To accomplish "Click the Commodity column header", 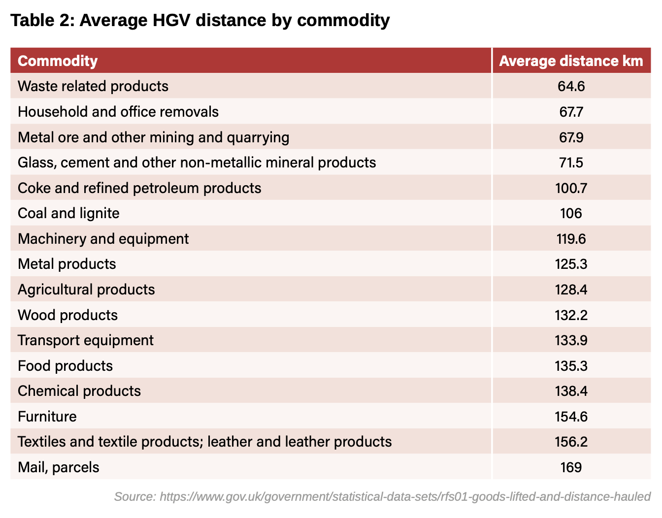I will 58,61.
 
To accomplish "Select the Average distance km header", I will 571,61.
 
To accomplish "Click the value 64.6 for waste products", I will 571,87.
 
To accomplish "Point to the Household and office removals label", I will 118,112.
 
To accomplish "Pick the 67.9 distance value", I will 571,137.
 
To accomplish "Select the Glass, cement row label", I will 197,162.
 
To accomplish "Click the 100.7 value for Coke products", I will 571,188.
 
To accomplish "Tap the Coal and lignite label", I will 68,213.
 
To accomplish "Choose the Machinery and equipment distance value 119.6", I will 571,239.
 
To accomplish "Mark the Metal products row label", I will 67,264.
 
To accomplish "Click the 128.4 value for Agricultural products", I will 571,290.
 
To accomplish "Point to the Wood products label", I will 68,315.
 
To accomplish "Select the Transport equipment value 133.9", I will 571,340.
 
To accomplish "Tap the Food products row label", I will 66,366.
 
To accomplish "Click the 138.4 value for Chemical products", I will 571,391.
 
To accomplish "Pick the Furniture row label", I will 47,417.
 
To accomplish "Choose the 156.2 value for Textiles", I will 571,442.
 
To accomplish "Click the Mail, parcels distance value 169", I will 571,467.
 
